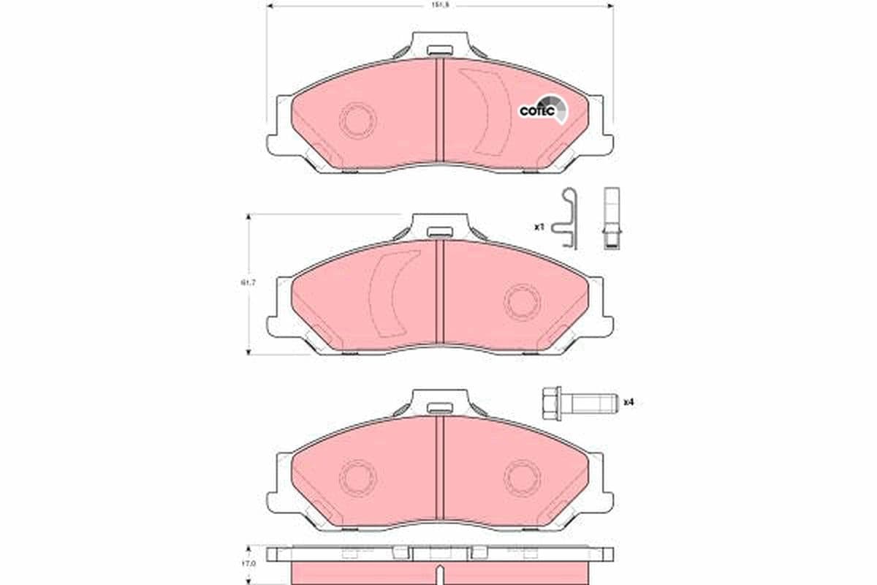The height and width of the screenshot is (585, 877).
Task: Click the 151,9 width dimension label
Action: coord(439,4)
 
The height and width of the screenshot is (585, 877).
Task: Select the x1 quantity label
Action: coord(539,227)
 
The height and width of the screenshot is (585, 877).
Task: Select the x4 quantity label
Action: coord(627,402)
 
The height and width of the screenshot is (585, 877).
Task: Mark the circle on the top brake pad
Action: coord(358,120)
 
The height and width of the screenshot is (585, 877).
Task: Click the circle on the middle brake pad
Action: coord(523,301)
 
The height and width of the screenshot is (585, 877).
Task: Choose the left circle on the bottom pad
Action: coord(358,477)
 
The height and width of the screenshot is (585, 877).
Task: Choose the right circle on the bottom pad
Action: coord(523,477)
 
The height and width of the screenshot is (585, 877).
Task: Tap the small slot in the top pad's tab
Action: coord(439,51)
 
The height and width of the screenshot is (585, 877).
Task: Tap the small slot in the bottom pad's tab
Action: coord(439,408)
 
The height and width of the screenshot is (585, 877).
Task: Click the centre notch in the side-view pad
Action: coord(439,573)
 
